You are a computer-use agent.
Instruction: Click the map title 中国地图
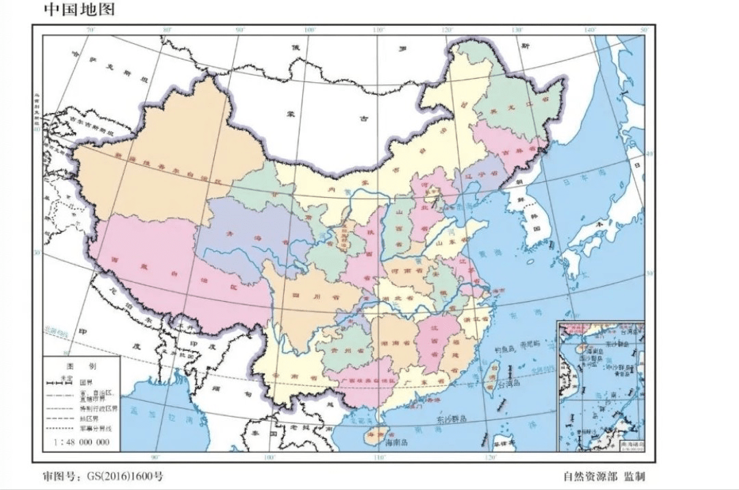[79, 10]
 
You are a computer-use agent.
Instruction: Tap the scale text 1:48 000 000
[81, 442]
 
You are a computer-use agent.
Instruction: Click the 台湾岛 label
[508, 384]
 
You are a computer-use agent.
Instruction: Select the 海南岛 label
[396, 444]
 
